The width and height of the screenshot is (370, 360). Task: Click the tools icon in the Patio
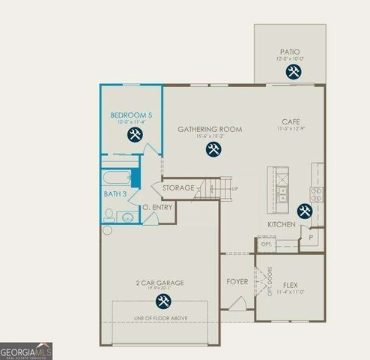(x=292, y=72)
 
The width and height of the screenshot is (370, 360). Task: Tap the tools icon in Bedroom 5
(x=135, y=135)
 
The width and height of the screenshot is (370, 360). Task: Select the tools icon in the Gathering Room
(x=213, y=149)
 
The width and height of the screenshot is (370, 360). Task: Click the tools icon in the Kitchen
(x=305, y=211)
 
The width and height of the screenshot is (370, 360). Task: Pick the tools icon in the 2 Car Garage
(x=163, y=301)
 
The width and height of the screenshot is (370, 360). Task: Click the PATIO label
(x=290, y=52)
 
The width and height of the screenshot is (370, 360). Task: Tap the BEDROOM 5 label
(x=131, y=115)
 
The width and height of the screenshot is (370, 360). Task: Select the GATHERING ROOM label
(x=210, y=129)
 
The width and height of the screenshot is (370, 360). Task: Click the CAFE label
(x=291, y=121)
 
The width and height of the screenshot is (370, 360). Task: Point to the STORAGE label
(x=178, y=187)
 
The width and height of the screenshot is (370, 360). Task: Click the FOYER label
(x=237, y=282)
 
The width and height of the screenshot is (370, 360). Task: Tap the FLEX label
(x=290, y=285)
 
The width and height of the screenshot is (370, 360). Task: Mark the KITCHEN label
(x=281, y=224)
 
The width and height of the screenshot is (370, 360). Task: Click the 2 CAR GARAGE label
(x=160, y=283)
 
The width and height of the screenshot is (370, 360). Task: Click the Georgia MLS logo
(x=26, y=351)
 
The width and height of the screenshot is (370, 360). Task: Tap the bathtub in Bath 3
(x=117, y=178)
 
